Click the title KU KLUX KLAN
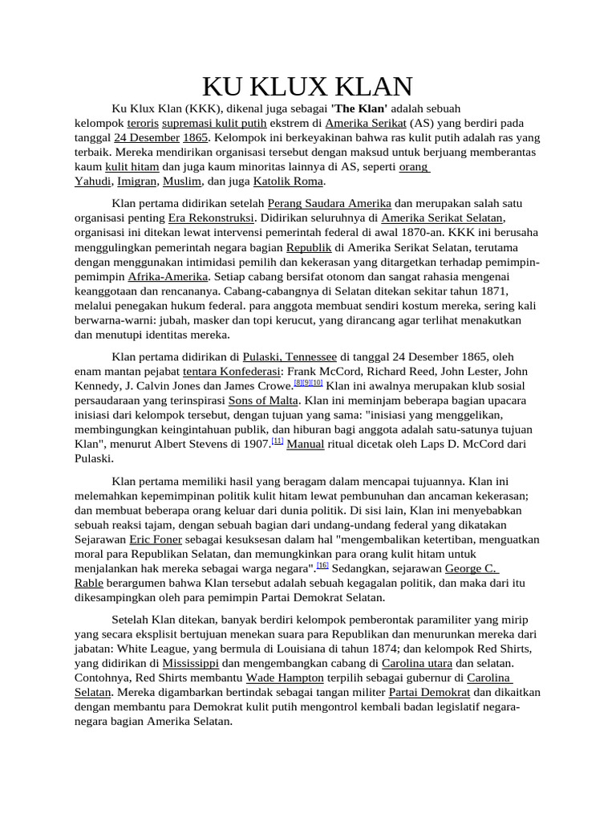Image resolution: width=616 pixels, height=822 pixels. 307,87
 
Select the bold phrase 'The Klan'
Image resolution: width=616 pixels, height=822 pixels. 359,108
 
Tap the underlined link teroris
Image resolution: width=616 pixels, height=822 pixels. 142,123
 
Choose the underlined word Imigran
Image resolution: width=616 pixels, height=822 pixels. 136,181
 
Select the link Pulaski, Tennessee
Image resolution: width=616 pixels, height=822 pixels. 290,356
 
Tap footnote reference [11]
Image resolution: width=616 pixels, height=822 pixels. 278,442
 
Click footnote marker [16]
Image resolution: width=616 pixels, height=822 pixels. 322,565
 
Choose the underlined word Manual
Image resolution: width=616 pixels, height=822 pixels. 306,444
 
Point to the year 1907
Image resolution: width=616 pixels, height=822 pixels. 254,444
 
